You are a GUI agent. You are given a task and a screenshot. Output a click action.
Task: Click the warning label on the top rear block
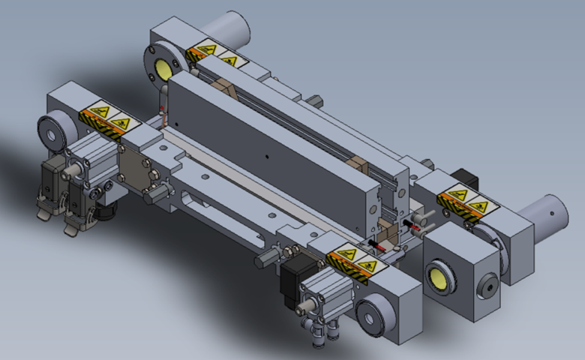212,54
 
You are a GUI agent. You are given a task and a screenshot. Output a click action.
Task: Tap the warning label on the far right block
464,201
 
